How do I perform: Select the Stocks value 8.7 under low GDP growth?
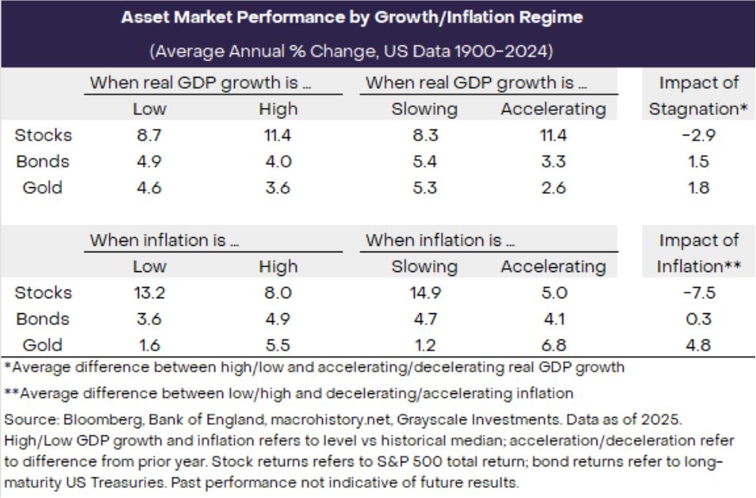(x=149, y=136)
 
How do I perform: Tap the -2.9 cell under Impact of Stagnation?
(x=698, y=136)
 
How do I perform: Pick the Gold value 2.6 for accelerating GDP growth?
(x=552, y=188)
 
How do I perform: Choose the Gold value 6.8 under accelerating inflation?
(x=552, y=345)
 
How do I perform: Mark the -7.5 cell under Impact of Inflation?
(x=698, y=293)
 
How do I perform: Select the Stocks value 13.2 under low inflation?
(x=149, y=293)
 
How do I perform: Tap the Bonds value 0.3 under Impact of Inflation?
(x=698, y=319)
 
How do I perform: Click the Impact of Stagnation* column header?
(x=698, y=95)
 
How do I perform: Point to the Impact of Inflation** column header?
(x=698, y=253)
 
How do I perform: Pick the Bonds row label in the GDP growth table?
(x=42, y=162)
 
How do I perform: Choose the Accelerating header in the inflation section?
(x=552, y=266)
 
